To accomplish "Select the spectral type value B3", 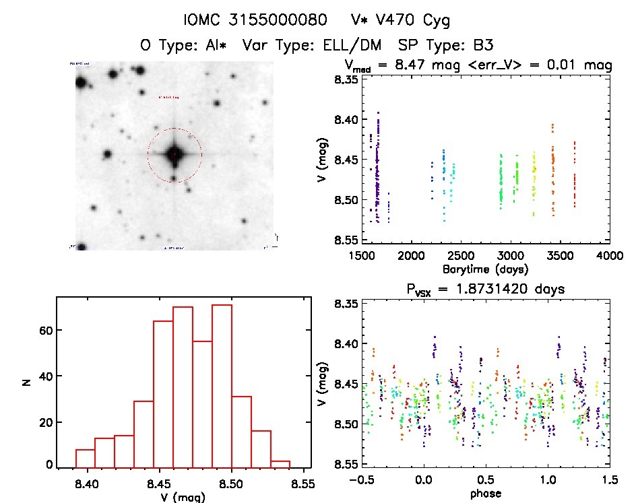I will click(x=482, y=46).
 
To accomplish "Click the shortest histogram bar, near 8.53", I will click(x=280, y=463).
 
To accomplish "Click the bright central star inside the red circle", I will click(x=174, y=154).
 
